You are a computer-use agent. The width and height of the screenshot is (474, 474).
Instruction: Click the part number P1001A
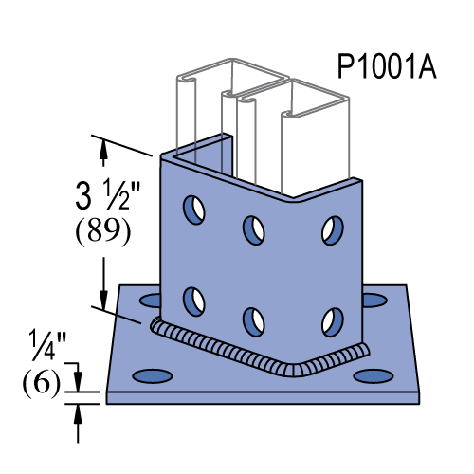[x=387, y=68]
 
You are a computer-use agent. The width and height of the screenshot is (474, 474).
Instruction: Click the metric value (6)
[x=41, y=382]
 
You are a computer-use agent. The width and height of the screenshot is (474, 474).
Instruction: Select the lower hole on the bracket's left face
[x=193, y=301]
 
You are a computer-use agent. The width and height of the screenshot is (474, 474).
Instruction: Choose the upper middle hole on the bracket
[x=253, y=228]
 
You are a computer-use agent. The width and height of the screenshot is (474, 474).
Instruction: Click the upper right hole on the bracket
[x=331, y=228]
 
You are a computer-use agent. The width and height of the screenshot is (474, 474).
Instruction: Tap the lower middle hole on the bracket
[x=253, y=320]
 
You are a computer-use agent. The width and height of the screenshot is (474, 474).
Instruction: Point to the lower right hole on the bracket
[x=331, y=320]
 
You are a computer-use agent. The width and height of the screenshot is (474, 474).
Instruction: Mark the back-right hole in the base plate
[x=372, y=301]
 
